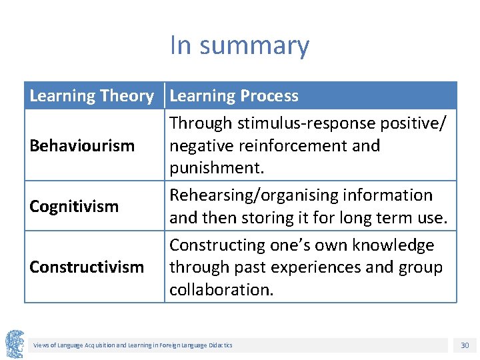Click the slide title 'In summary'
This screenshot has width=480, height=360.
[x=239, y=45]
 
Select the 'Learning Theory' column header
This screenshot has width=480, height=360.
[x=91, y=96]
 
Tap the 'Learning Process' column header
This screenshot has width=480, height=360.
[x=234, y=96]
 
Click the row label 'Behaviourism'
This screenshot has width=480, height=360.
[x=82, y=145]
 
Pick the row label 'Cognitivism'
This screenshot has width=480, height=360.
[x=74, y=206]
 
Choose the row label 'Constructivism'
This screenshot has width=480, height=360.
[x=87, y=267]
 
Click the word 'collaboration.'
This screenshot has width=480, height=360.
[x=221, y=290]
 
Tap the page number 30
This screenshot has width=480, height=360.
[x=465, y=345]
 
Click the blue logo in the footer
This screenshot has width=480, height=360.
[x=15, y=344]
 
